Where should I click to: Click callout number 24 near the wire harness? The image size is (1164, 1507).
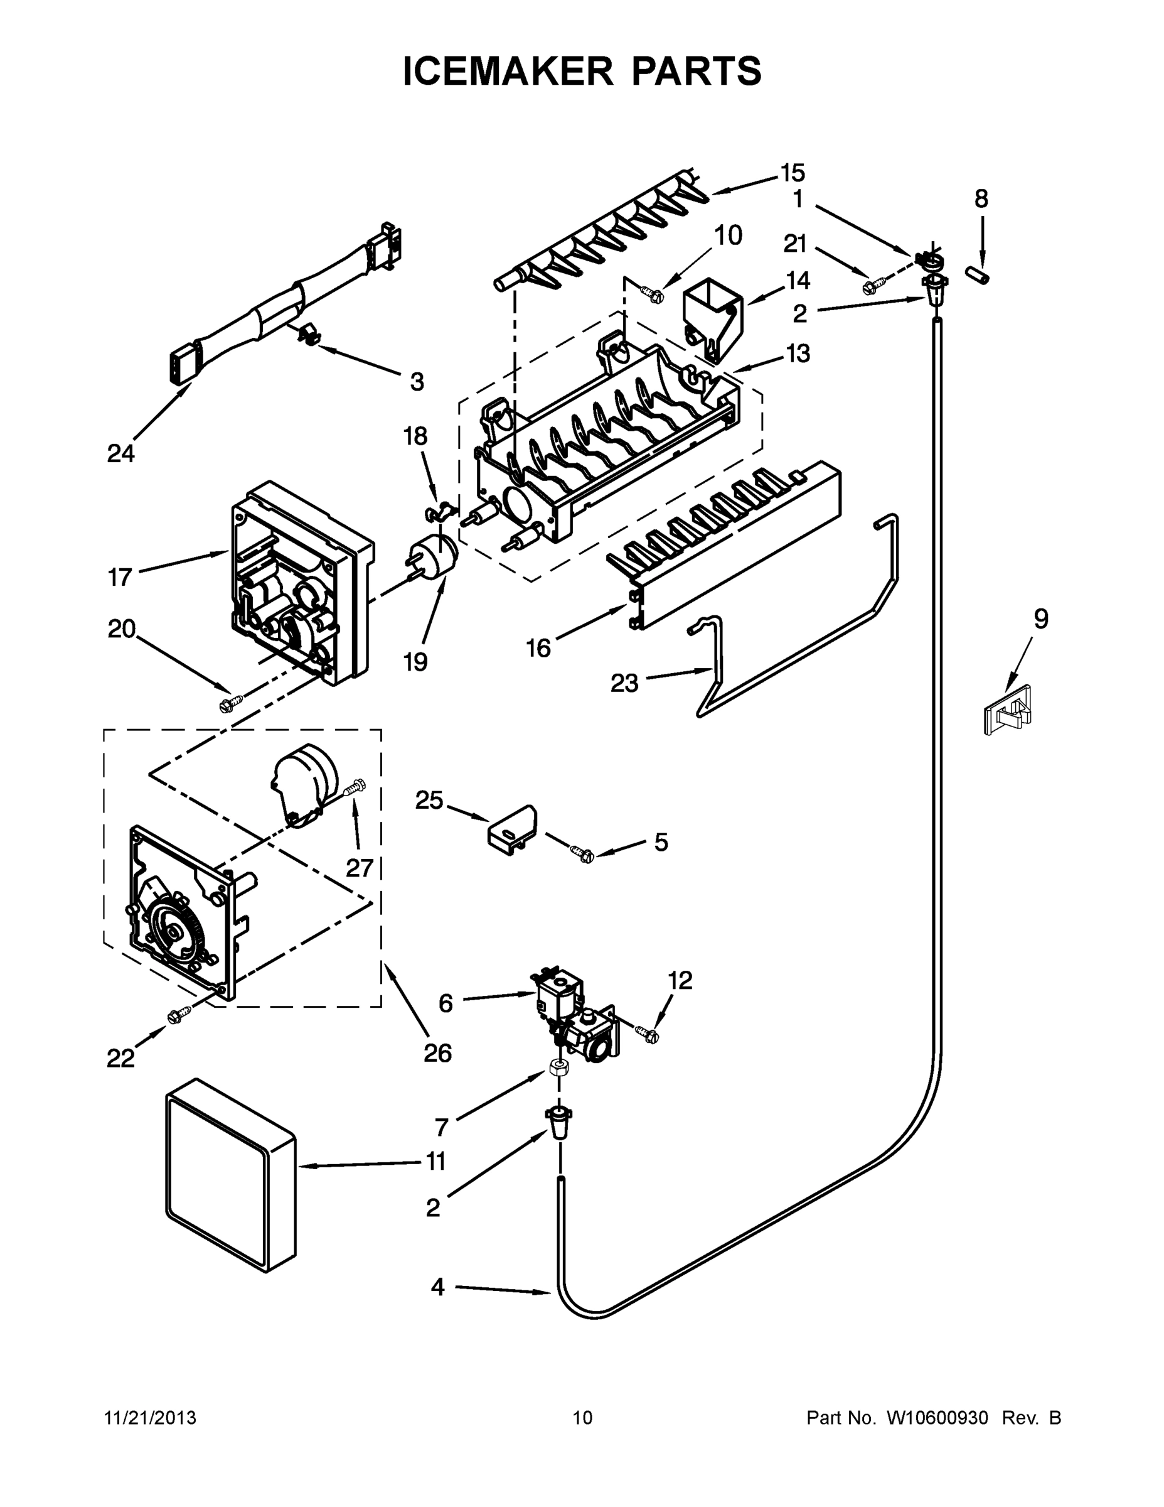click(x=120, y=453)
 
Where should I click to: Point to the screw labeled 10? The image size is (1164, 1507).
click(x=653, y=295)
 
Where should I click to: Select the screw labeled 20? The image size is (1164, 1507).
click(x=229, y=705)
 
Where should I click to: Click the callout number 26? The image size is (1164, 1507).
click(x=437, y=1052)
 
